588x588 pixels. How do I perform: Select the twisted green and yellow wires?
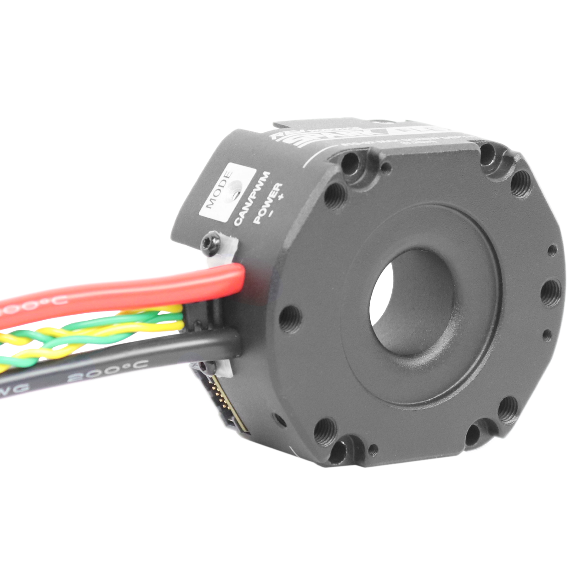point(92,333)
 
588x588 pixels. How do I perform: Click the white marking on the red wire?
point(32,305)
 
